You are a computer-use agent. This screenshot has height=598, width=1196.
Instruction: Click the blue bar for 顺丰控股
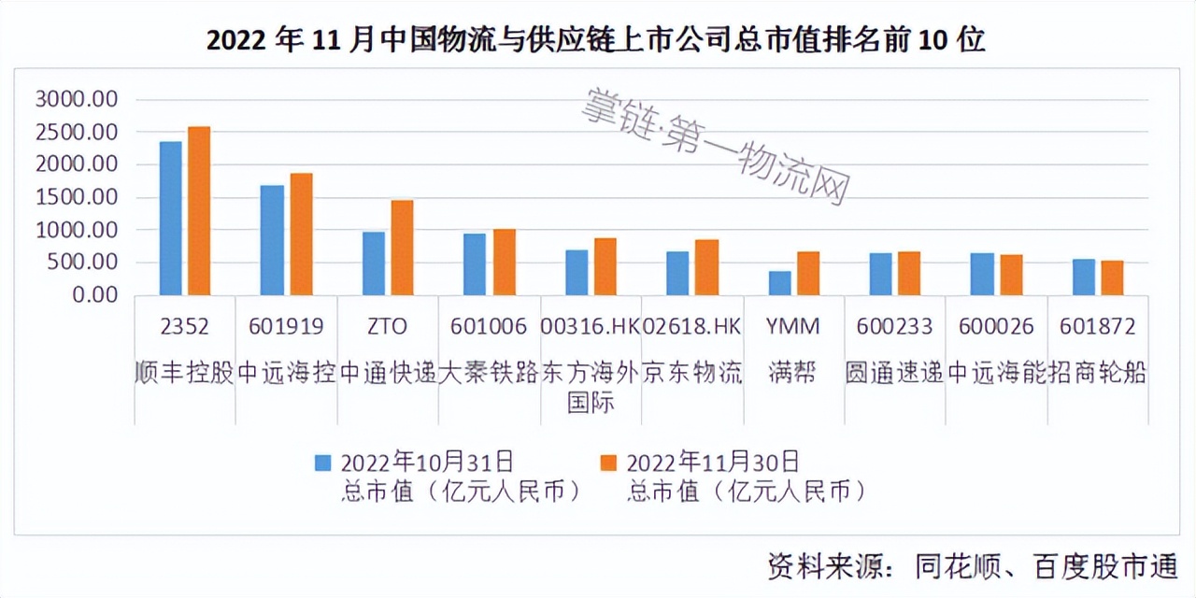pos(171,219)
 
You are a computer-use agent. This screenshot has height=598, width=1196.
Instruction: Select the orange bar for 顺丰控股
pos(199,211)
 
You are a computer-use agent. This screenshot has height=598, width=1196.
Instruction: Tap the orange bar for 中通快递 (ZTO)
pos(402,248)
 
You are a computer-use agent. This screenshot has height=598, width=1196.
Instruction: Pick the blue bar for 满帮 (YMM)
pos(780,283)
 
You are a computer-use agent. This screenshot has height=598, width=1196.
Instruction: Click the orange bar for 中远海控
pos(301,235)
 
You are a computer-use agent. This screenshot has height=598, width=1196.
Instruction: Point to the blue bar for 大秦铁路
pos(475,264)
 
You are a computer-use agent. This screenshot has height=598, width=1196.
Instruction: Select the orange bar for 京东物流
pos(706,267)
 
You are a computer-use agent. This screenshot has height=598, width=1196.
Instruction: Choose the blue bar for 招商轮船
pos(1084,278)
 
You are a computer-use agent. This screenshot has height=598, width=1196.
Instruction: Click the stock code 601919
pos(286,326)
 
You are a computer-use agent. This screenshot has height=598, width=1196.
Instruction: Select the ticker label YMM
pos(791,326)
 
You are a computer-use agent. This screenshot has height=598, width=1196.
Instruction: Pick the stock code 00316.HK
pos(590,326)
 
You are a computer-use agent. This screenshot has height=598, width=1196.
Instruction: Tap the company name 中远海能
pos(995,373)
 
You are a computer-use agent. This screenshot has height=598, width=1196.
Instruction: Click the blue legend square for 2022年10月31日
pos(323,463)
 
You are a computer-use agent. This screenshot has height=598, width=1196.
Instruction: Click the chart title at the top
pos(595,40)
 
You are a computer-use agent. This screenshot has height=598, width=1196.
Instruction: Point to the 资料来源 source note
pos(973,566)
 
